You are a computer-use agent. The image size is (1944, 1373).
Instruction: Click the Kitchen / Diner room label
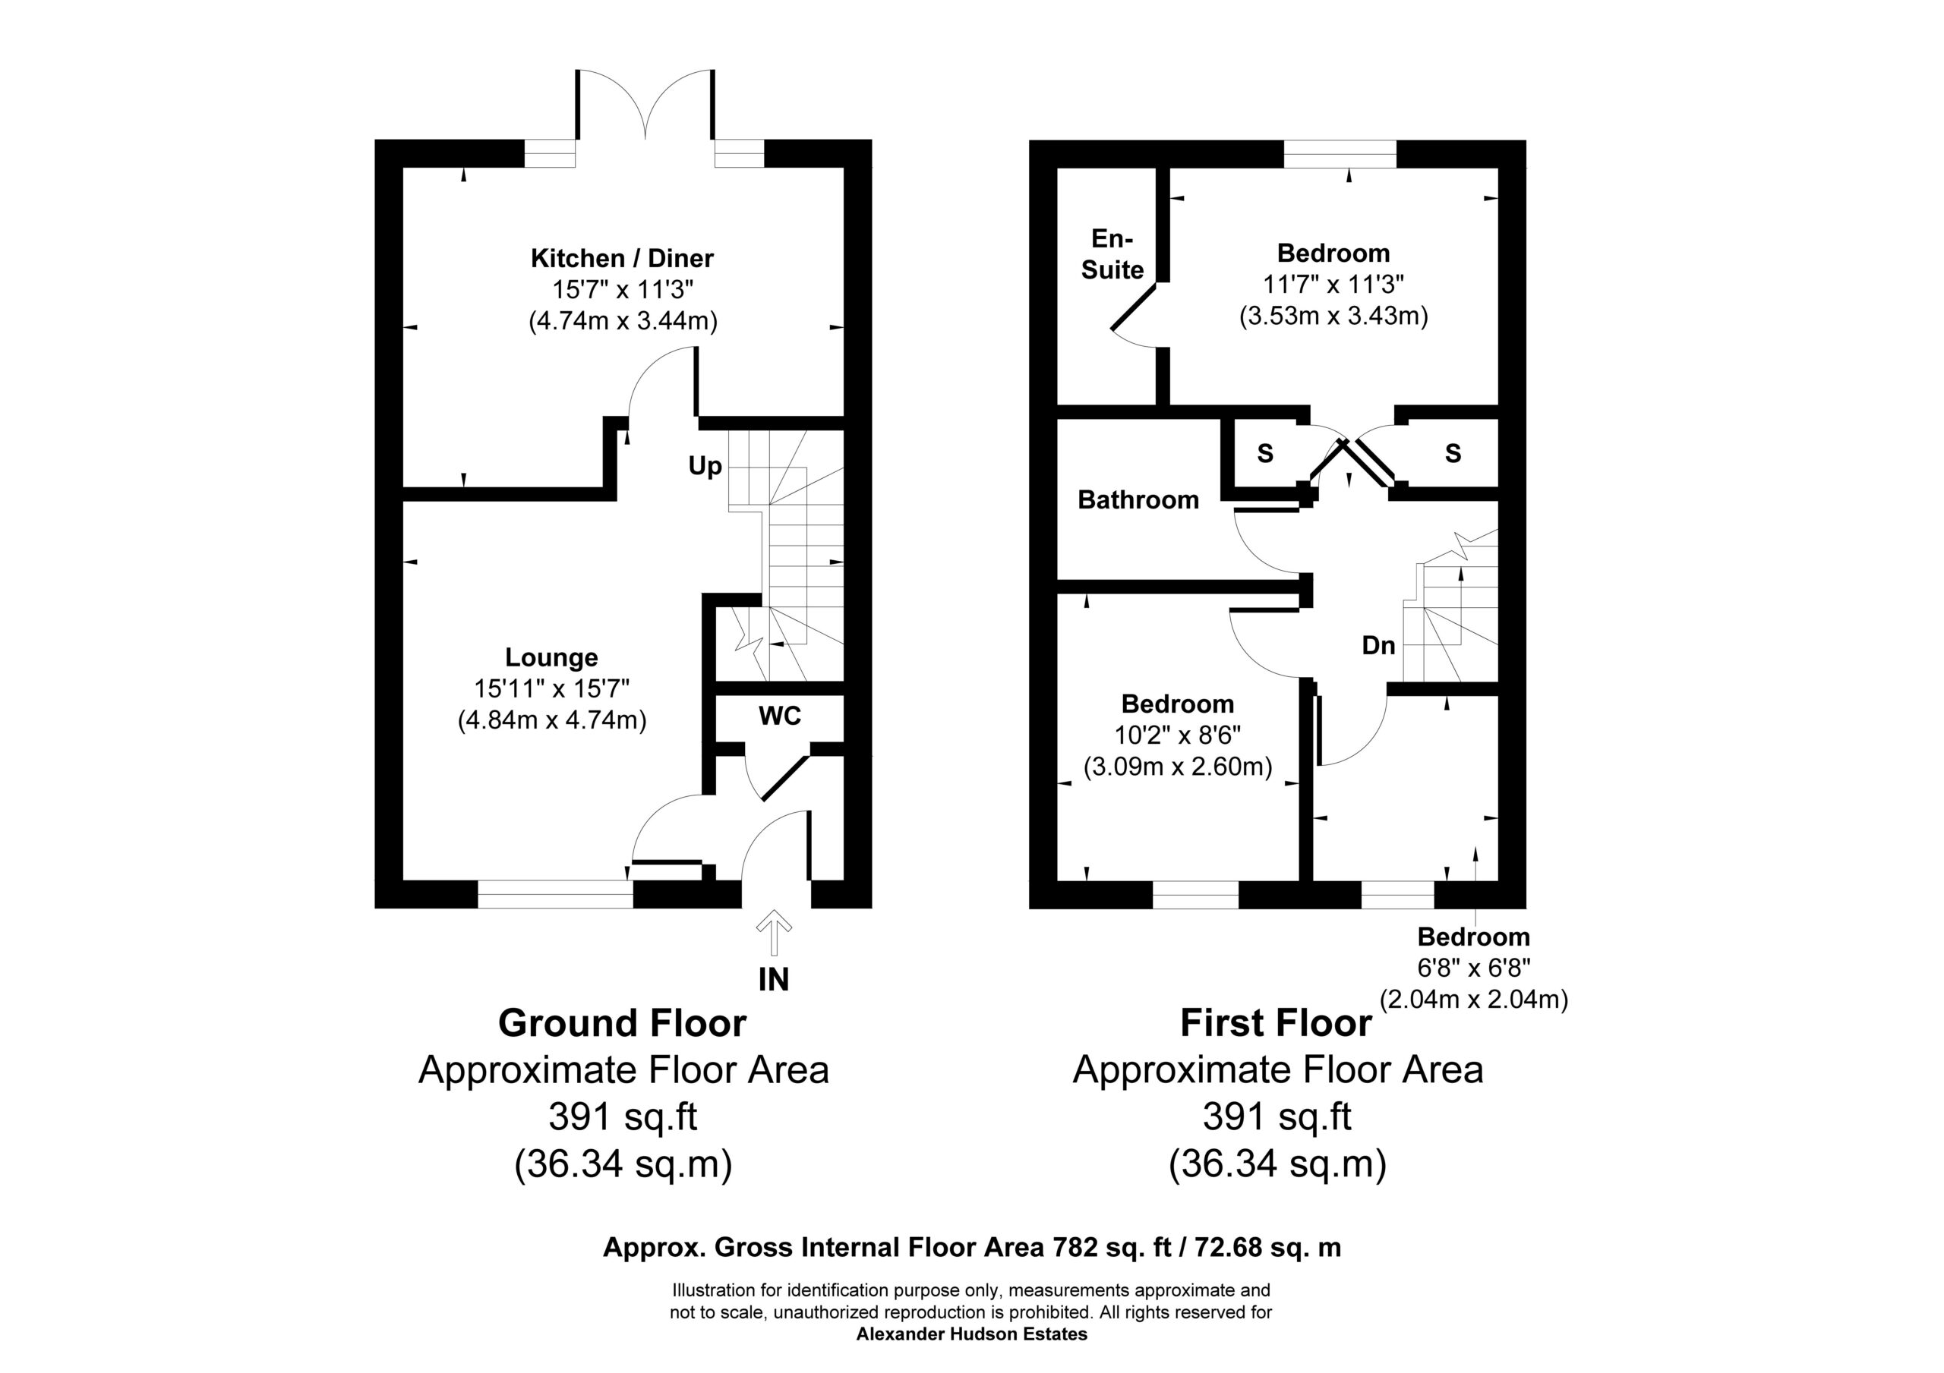(623, 258)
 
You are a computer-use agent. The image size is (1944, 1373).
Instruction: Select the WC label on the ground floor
(780, 716)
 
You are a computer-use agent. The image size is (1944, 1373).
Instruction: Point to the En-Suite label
(1112, 254)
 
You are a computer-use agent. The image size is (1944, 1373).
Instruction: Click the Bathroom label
(1138, 500)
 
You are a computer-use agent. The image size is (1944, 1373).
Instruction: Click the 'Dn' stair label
(1378, 646)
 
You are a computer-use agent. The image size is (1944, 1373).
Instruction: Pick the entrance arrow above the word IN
(773, 932)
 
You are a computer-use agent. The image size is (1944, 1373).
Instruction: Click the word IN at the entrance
(773, 979)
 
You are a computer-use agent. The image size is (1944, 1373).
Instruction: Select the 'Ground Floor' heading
(623, 1023)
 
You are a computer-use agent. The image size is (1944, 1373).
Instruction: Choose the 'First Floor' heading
(1276, 1023)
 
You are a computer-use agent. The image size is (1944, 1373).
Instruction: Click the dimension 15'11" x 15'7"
(551, 688)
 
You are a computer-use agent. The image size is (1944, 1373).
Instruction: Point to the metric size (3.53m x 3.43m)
(1333, 316)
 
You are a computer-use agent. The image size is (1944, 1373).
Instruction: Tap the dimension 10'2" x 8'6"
(1177, 735)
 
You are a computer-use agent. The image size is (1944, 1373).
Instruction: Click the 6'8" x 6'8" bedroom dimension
(1473, 968)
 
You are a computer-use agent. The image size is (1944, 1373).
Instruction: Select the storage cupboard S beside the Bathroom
(1265, 454)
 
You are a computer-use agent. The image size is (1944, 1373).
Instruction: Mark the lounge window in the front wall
(554, 894)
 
